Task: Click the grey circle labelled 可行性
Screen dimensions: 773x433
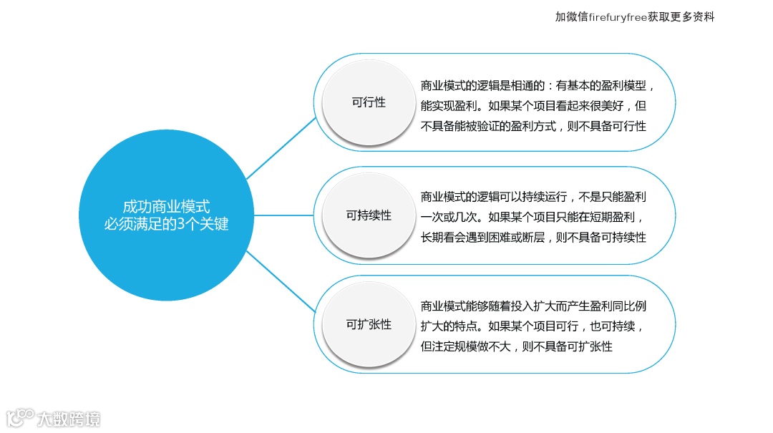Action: click(369, 102)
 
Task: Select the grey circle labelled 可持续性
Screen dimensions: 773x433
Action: click(369, 215)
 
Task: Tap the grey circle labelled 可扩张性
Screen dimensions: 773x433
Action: click(369, 324)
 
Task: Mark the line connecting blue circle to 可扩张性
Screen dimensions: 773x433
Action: click(281, 281)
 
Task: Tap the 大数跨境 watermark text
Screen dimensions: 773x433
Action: click(69, 418)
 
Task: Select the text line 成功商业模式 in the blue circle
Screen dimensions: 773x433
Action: click(166, 206)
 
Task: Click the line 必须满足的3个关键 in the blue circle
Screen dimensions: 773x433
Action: click(166, 223)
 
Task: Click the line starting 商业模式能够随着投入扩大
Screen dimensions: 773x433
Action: click(534, 306)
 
